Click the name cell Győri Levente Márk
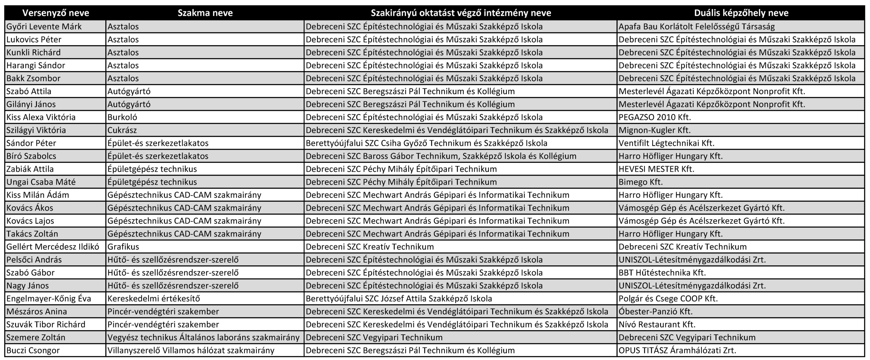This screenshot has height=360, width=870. [44, 27]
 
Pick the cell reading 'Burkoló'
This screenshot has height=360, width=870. [122, 117]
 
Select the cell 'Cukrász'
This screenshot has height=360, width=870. [122, 130]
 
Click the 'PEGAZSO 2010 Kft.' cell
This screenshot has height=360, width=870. [655, 117]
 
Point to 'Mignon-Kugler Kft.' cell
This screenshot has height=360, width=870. [655, 130]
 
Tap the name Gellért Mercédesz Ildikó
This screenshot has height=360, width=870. [53, 247]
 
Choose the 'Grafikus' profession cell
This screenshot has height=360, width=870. [123, 247]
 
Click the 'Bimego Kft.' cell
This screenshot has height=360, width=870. [641, 182]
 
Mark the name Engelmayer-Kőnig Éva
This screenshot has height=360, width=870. [49, 298]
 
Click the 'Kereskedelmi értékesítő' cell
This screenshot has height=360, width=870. [154, 298]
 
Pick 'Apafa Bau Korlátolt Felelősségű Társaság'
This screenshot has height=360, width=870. [696, 27]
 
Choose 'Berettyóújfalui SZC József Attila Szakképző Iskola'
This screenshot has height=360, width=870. [398, 298]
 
